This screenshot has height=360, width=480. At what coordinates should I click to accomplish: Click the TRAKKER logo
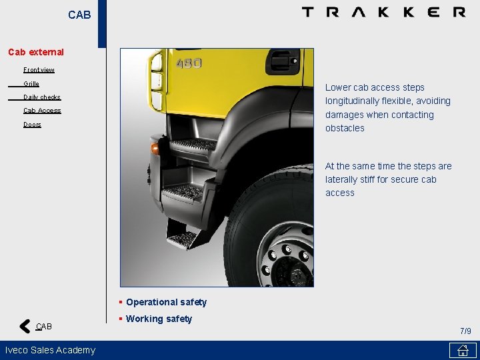coord(383,12)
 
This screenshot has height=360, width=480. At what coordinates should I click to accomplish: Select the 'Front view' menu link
coord(39,69)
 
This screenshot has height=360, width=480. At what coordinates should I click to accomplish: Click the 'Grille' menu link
coord(31,83)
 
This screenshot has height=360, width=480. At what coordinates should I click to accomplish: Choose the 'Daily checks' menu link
coord(42,97)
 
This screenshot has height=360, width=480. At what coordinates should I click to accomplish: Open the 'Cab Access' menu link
coord(42,111)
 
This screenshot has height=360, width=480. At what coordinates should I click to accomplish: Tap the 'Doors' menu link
coord(32,125)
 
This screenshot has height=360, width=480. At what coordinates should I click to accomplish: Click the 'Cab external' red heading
coord(36,52)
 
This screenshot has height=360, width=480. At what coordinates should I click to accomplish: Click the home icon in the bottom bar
coord(462,351)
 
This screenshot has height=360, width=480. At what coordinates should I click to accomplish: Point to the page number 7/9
coord(465,331)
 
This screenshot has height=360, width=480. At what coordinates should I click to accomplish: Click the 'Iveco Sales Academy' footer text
coord(50,350)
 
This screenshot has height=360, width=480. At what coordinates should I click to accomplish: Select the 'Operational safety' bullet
coord(166,302)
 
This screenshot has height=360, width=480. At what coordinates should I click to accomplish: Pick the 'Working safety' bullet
coord(159,319)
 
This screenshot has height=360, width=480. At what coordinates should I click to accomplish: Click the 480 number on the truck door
coord(189,63)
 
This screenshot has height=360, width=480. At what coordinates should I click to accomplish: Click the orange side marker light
coord(155,149)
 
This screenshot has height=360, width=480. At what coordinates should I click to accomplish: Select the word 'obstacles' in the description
coord(345,128)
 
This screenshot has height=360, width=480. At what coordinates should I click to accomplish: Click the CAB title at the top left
coord(79,15)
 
